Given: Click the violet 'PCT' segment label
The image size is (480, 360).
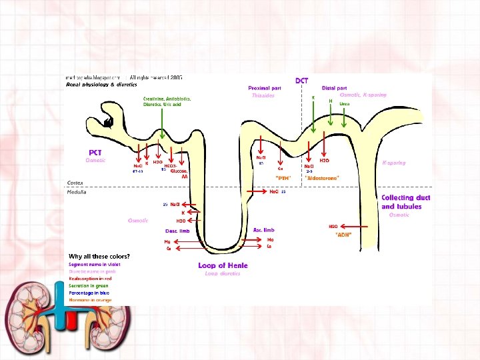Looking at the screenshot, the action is pos(95,153).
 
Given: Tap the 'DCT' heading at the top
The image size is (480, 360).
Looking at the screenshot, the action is pos(302,81).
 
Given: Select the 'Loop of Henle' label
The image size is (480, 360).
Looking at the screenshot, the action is pos(223,265).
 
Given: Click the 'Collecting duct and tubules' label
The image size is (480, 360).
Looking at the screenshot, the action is pos(405,202).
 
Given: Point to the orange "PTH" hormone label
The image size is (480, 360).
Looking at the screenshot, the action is pos(283,178).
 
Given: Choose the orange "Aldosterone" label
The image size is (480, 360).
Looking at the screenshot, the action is pos(321,178).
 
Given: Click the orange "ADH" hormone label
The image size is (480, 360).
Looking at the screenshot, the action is pos(343,235).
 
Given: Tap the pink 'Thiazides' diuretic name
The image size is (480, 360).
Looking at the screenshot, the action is pos(263,95).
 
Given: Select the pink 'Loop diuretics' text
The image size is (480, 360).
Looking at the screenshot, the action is pos(222,273).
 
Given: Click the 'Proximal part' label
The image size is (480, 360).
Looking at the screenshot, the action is pos(264,88).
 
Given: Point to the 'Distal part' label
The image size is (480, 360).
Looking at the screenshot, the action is pos(334,88).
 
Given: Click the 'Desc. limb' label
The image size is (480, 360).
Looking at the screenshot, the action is pos(178,231).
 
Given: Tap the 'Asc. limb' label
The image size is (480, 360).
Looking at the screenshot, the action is pos(264,230).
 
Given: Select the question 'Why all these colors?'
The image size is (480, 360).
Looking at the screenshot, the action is pos(99,256).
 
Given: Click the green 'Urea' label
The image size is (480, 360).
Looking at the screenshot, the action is pos(345,104).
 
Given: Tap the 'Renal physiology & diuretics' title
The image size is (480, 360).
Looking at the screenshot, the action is pos(101,85).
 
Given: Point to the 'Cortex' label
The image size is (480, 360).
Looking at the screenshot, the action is pos(75,182).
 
